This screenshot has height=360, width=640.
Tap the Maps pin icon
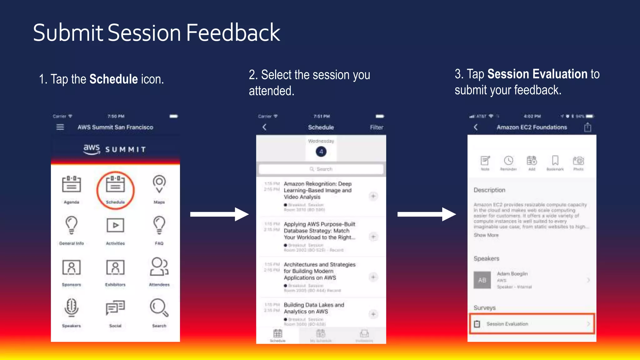(x=159, y=184)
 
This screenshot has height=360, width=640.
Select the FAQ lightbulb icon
(x=159, y=225)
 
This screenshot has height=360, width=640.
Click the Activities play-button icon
(x=115, y=225)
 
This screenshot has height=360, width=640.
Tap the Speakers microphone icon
(x=72, y=307)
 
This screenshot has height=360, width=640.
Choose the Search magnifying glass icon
(x=159, y=307)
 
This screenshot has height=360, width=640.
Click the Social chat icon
(x=115, y=307)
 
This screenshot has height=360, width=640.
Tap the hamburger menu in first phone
(x=60, y=127)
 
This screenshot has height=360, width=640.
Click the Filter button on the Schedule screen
(x=377, y=127)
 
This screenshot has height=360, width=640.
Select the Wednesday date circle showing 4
(x=321, y=152)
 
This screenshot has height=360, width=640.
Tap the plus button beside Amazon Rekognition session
(x=373, y=196)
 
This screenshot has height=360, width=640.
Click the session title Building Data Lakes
(x=314, y=308)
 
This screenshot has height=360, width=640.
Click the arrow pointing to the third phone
(x=427, y=214)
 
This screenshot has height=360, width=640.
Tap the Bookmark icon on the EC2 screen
(x=555, y=161)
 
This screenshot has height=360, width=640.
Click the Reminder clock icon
(x=508, y=161)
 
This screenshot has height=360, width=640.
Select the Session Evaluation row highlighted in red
(x=532, y=324)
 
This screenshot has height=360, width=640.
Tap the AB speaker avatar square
(x=482, y=280)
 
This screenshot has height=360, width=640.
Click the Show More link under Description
(x=486, y=235)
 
